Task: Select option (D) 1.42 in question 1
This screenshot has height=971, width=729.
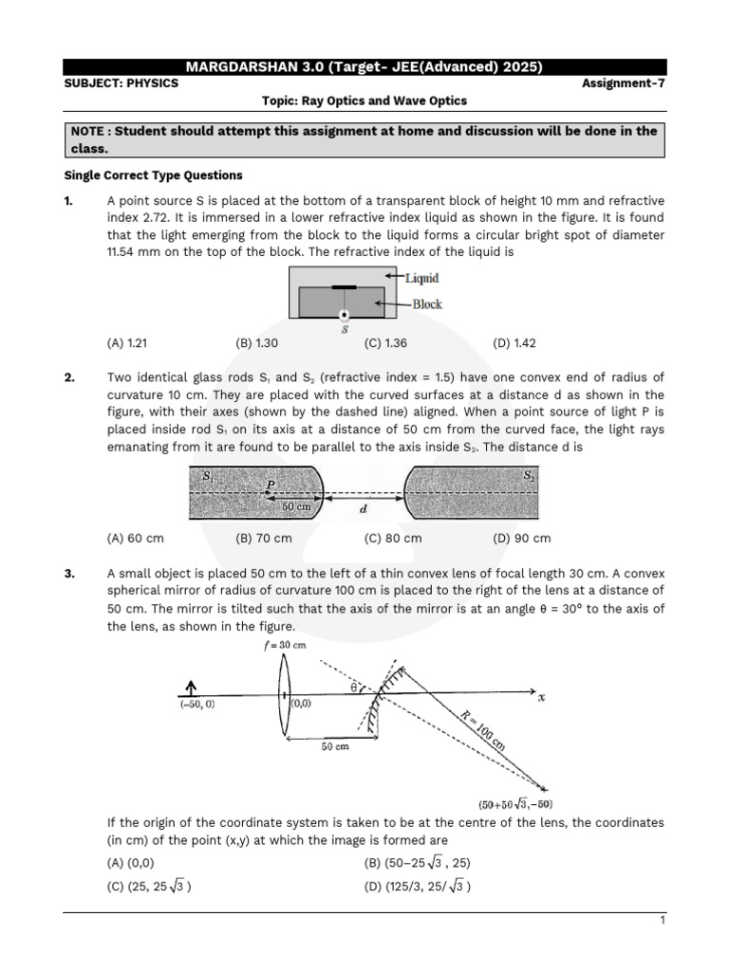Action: tap(514, 343)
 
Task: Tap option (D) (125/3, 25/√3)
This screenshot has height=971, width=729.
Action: tap(418, 887)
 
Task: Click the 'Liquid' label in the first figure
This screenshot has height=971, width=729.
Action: tap(421, 278)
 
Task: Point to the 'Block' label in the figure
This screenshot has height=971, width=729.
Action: tap(426, 304)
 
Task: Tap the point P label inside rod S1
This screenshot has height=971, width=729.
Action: tap(271, 484)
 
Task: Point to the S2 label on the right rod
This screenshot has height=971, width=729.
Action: tap(529, 477)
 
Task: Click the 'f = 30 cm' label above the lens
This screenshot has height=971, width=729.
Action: tap(285, 645)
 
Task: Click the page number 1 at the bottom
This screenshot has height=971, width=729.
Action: tap(662, 921)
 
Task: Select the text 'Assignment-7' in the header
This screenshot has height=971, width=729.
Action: tap(624, 82)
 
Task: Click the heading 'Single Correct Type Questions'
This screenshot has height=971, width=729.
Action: tap(153, 175)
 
